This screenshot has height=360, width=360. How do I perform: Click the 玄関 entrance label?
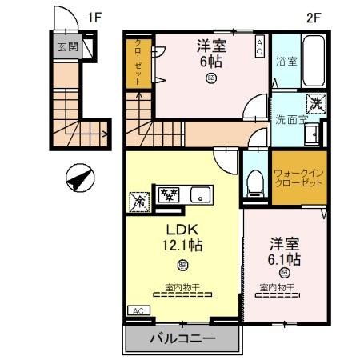tap(66, 47)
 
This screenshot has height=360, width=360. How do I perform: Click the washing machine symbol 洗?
tap(317, 103)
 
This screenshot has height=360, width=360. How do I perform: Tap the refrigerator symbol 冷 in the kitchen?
tap(141, 200)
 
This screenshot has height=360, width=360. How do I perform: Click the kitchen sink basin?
tap(199, 194)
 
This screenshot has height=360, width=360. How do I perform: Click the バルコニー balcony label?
tap(182, 339)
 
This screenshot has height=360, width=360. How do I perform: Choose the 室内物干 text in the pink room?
tap(277, 286)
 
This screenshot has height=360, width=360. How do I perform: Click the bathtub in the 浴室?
tap(310, 57)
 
